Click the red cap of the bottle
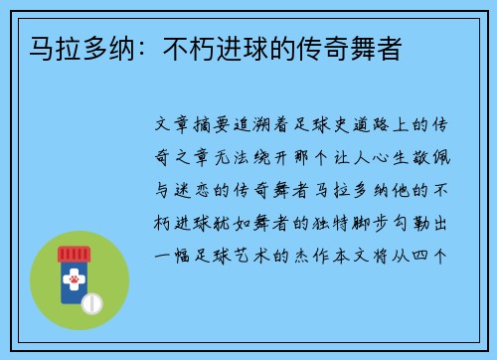point(74,256)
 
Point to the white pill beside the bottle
point(92,301)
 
